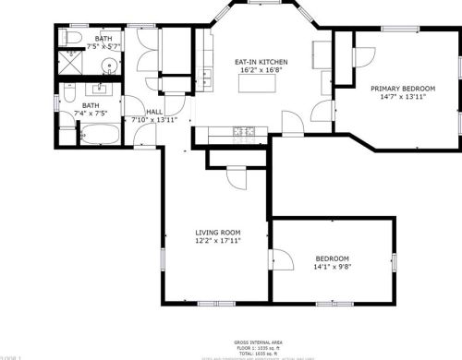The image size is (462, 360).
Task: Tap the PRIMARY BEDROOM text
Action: (x=403, y=89)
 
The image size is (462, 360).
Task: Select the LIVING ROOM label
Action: (x=218, y=232)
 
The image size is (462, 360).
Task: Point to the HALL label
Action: (x=153, y=112)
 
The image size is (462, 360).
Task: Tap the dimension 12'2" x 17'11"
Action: (x=218, y=241)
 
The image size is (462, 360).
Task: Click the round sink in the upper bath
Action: (x=109, y=65)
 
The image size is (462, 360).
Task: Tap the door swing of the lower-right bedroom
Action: (x=279, y=260)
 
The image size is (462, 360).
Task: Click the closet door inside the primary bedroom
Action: (x=359, y=56)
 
